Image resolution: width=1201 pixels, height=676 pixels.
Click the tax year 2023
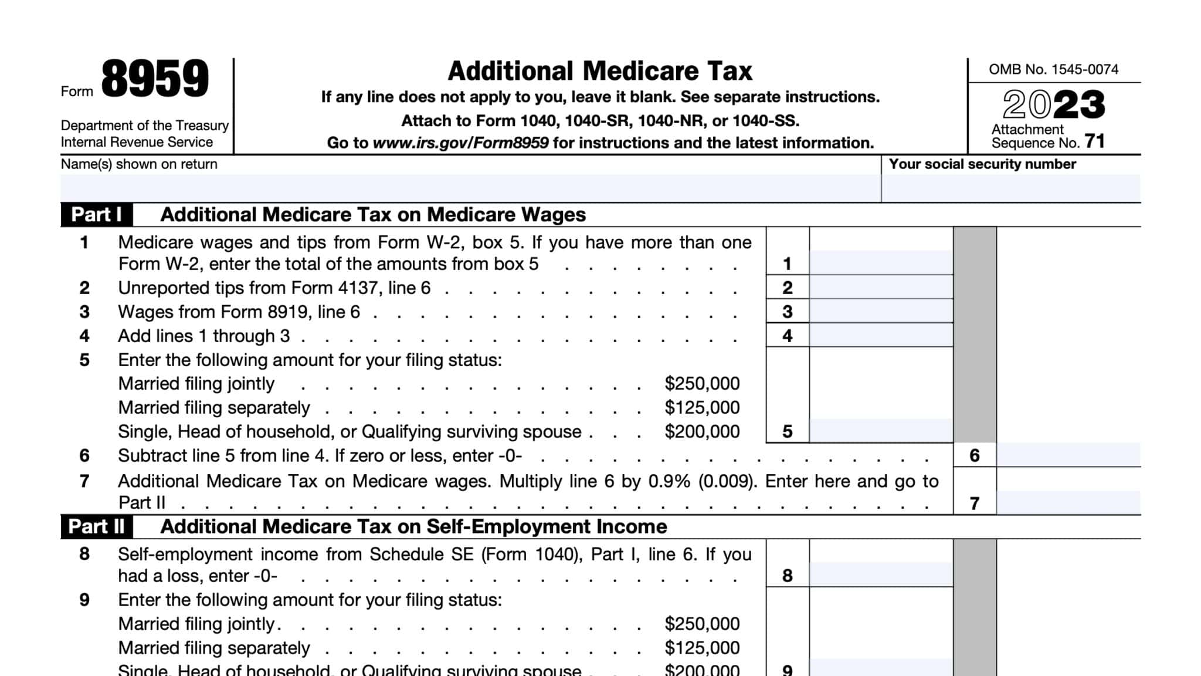pyautogui.click(x=1054, y=105)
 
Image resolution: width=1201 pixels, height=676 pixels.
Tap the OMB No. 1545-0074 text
pyautogui.click(x=1053, y=69)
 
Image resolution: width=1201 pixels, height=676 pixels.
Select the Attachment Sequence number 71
pyautogui.click(x=1094, y=141)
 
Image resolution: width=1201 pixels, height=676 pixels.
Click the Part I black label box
pyautogui.click(x=97, y=215)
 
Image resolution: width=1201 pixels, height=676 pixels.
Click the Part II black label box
pyautogui.click(x=97, y=527)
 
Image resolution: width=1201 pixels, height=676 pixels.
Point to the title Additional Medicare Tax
pyautogui.click(x=599, y=71)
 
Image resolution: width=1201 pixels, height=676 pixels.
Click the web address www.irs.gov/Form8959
pyautogui.click(x=461, y=143)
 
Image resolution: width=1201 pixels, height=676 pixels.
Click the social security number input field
pyautogui.click(x=1011, y=188)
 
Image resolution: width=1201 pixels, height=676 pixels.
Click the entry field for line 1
pyautogui.click(x=881, y=263)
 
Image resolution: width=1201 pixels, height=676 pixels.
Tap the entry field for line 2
pyautogui.click(x=881, y=288)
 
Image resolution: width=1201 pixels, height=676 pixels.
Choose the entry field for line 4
pyautogui.click(x=881, y=336)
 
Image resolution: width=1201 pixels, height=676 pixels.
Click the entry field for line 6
pyautogui.click(x=1068, y=455)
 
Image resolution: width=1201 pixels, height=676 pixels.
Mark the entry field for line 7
pyautogui.click(x=1068, y=503)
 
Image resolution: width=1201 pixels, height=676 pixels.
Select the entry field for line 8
pyautogui.click(x=881, y=574)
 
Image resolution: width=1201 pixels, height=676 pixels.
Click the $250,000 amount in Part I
pyautogui.click(x=702, y=384)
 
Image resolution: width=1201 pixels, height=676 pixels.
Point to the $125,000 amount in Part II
pyautogui.click(x=702, y=648)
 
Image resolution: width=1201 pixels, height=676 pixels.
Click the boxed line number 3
pyautogui.click(x=788, y=312)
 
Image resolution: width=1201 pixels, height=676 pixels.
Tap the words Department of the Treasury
pyautogui.click(x=144, y=126)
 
